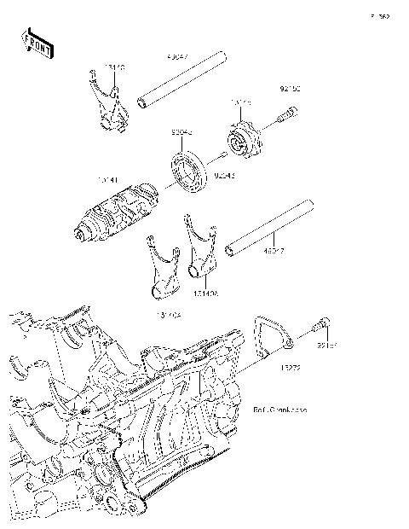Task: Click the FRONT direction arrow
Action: click(x=37, y=44)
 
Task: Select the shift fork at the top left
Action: click(x=107, y=103)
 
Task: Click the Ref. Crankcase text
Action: click(x=280, y=410)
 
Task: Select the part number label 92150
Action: click(x=291, y=88)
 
